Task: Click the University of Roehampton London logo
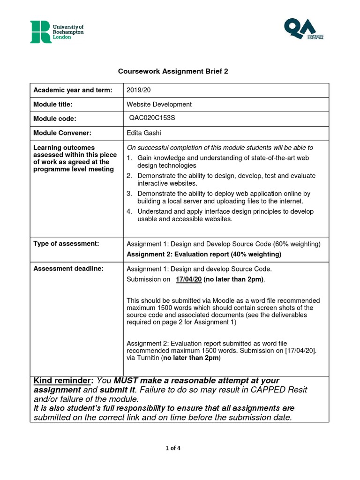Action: point(50,31)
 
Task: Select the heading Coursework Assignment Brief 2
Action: point(172,71)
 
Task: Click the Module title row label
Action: point(53,104)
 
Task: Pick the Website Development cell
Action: point(159,104)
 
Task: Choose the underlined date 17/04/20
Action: point(188,279)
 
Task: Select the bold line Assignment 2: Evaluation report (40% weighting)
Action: point(204,254)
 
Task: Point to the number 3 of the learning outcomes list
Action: point(129,194)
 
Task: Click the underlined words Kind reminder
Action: point(63,381)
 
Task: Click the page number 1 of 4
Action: point(172,448)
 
